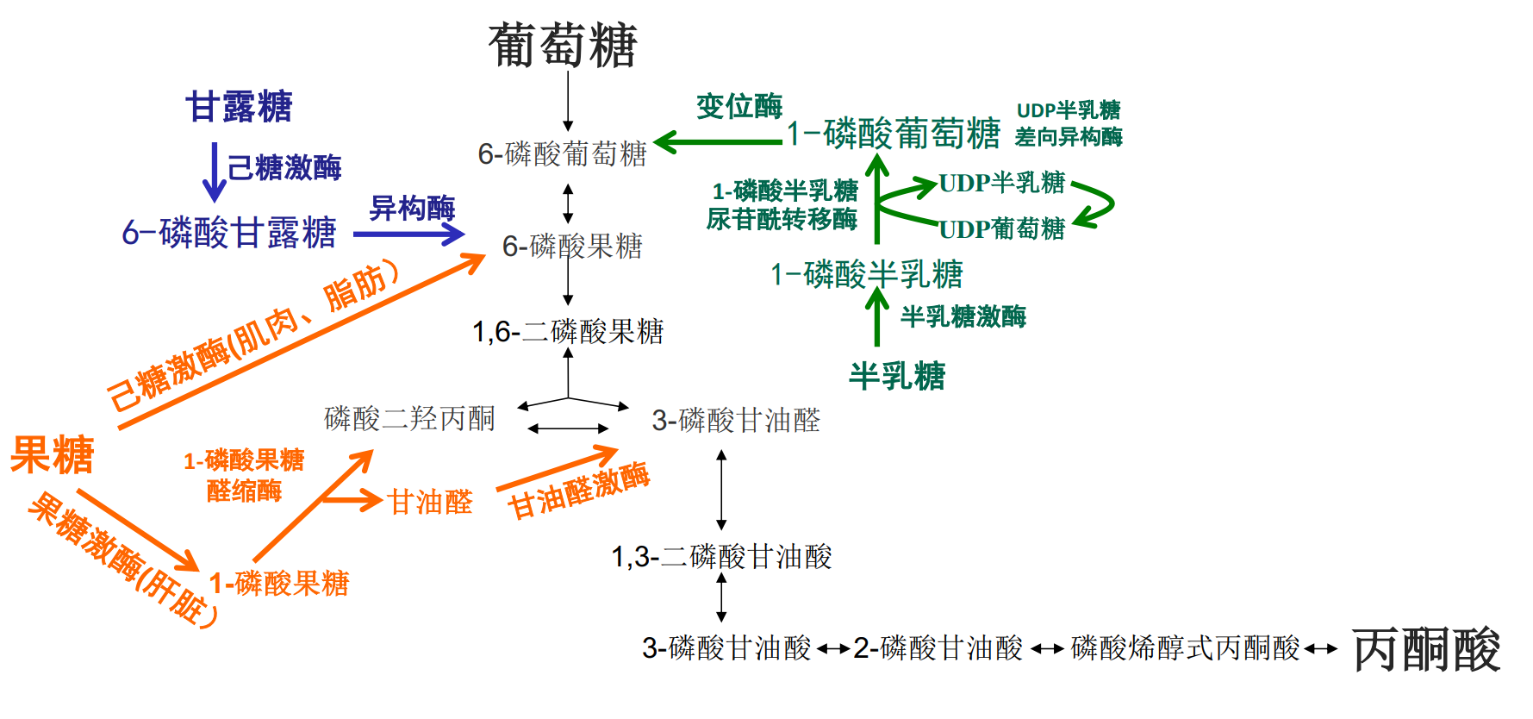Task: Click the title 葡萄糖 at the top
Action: [563, 45]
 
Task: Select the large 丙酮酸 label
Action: [1426, 650]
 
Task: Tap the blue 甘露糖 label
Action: [239, 107]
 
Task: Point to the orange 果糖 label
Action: [52, 454]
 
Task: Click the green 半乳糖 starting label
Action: [897, 376]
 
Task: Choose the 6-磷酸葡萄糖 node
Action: [562, 154]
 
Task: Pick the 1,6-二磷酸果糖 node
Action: [568, 332]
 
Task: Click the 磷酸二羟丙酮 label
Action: [409, 419]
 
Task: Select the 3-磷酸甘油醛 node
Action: [736, 421]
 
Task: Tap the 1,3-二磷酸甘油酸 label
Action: [721, 557]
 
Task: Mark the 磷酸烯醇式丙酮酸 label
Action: [1185, 648]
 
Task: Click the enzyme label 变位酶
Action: [739, 107]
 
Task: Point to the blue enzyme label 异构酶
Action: [412, 208]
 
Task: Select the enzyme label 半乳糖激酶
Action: [963, 316]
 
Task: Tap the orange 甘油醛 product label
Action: [430, 502]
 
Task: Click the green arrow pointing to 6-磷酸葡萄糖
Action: [719, 141]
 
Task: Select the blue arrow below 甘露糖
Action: [214, 172]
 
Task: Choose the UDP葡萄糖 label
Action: [1001, 229]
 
